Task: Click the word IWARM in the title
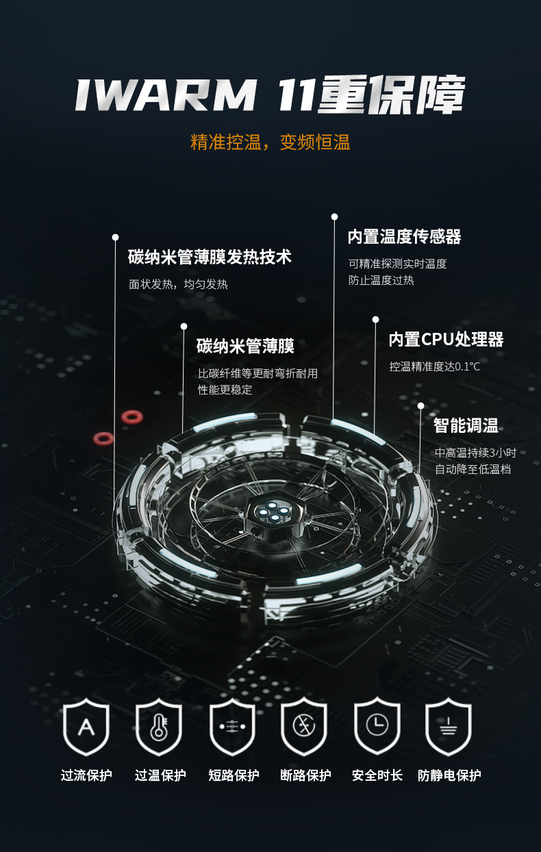[x=165, y=95]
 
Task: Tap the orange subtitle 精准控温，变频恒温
[x=270, y=142]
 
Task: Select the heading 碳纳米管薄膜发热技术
[x=210, y=258]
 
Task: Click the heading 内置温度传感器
[x=404, y=237]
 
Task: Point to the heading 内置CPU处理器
[x=446, y=340]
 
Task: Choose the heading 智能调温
[x=466, y=426]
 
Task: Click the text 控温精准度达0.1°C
[x=435, y=366]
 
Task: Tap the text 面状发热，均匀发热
[x=178, y=284]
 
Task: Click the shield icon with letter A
[x=86, y=727]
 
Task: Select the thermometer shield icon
[x=159, y=727]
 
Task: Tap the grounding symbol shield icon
[x=449, y=727]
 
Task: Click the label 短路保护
[x=234, y=775]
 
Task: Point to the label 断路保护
[x=305, y=775]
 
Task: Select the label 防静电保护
[x=449, y=775]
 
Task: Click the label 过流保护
[x=86, y=775]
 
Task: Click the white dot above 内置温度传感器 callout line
[x=334, y=217]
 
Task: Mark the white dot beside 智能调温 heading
[x=420, y=405]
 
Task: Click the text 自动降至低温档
[x=473, y=469]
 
